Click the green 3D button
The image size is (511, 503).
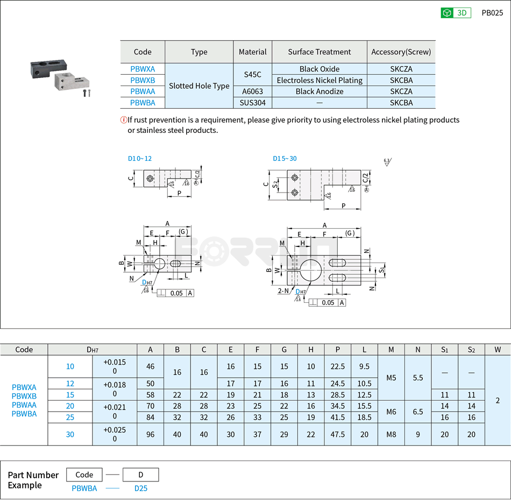click(x=456, y=13)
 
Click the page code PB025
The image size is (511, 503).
click(x=492, y=13)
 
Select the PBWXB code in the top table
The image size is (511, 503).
click(x=143, y=80)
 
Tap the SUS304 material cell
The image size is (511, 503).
click(x=252, y=103)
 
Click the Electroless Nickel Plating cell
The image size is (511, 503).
click(x=320, y=80)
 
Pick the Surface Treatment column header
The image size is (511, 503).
click(x=320, y=52)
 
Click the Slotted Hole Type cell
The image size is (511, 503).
click(x=199, y=86)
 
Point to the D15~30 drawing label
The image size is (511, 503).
click(x=285, y=159)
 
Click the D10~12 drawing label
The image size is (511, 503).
click(x=140, y=159)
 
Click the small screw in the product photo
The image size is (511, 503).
click(x=87, y=94)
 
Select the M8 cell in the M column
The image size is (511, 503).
click(x=391, y=434)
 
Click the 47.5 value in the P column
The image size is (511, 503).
click(x=337, y=434)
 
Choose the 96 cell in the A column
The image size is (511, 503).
click(x=150, y=434)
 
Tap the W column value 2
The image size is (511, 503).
click(x=498, y=400)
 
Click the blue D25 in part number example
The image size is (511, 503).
click(x=141, y=488)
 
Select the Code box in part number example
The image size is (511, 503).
click(x=84, y=474)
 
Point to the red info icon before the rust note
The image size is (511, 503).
click(x=123, y=120)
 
